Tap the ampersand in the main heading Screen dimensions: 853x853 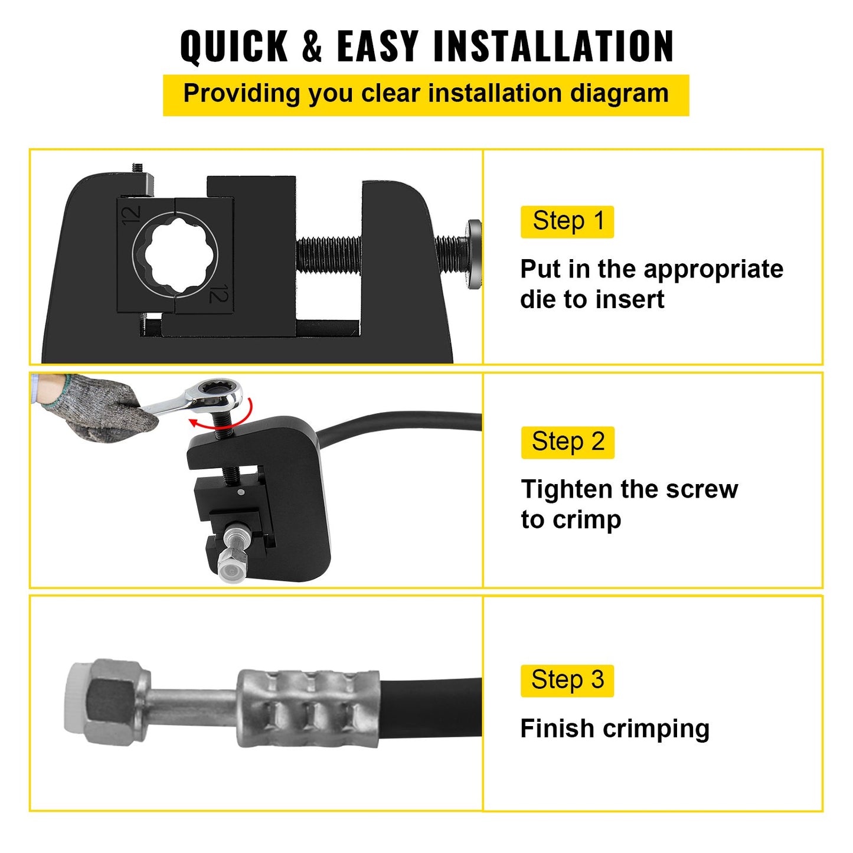coord(312,46)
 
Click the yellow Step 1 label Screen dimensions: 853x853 coord(567,222)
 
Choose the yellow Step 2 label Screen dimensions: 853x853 coord(567,442)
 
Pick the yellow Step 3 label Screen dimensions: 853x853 coord(567,681)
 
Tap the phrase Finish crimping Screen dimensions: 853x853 coord(615,728)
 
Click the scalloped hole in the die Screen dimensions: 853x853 coord(175,254)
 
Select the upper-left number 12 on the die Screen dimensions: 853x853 coord(131,215)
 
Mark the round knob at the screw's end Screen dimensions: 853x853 coord(473,254)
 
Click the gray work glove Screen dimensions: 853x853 coord(97,406)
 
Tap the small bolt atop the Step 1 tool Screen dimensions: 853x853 coord(138,168)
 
